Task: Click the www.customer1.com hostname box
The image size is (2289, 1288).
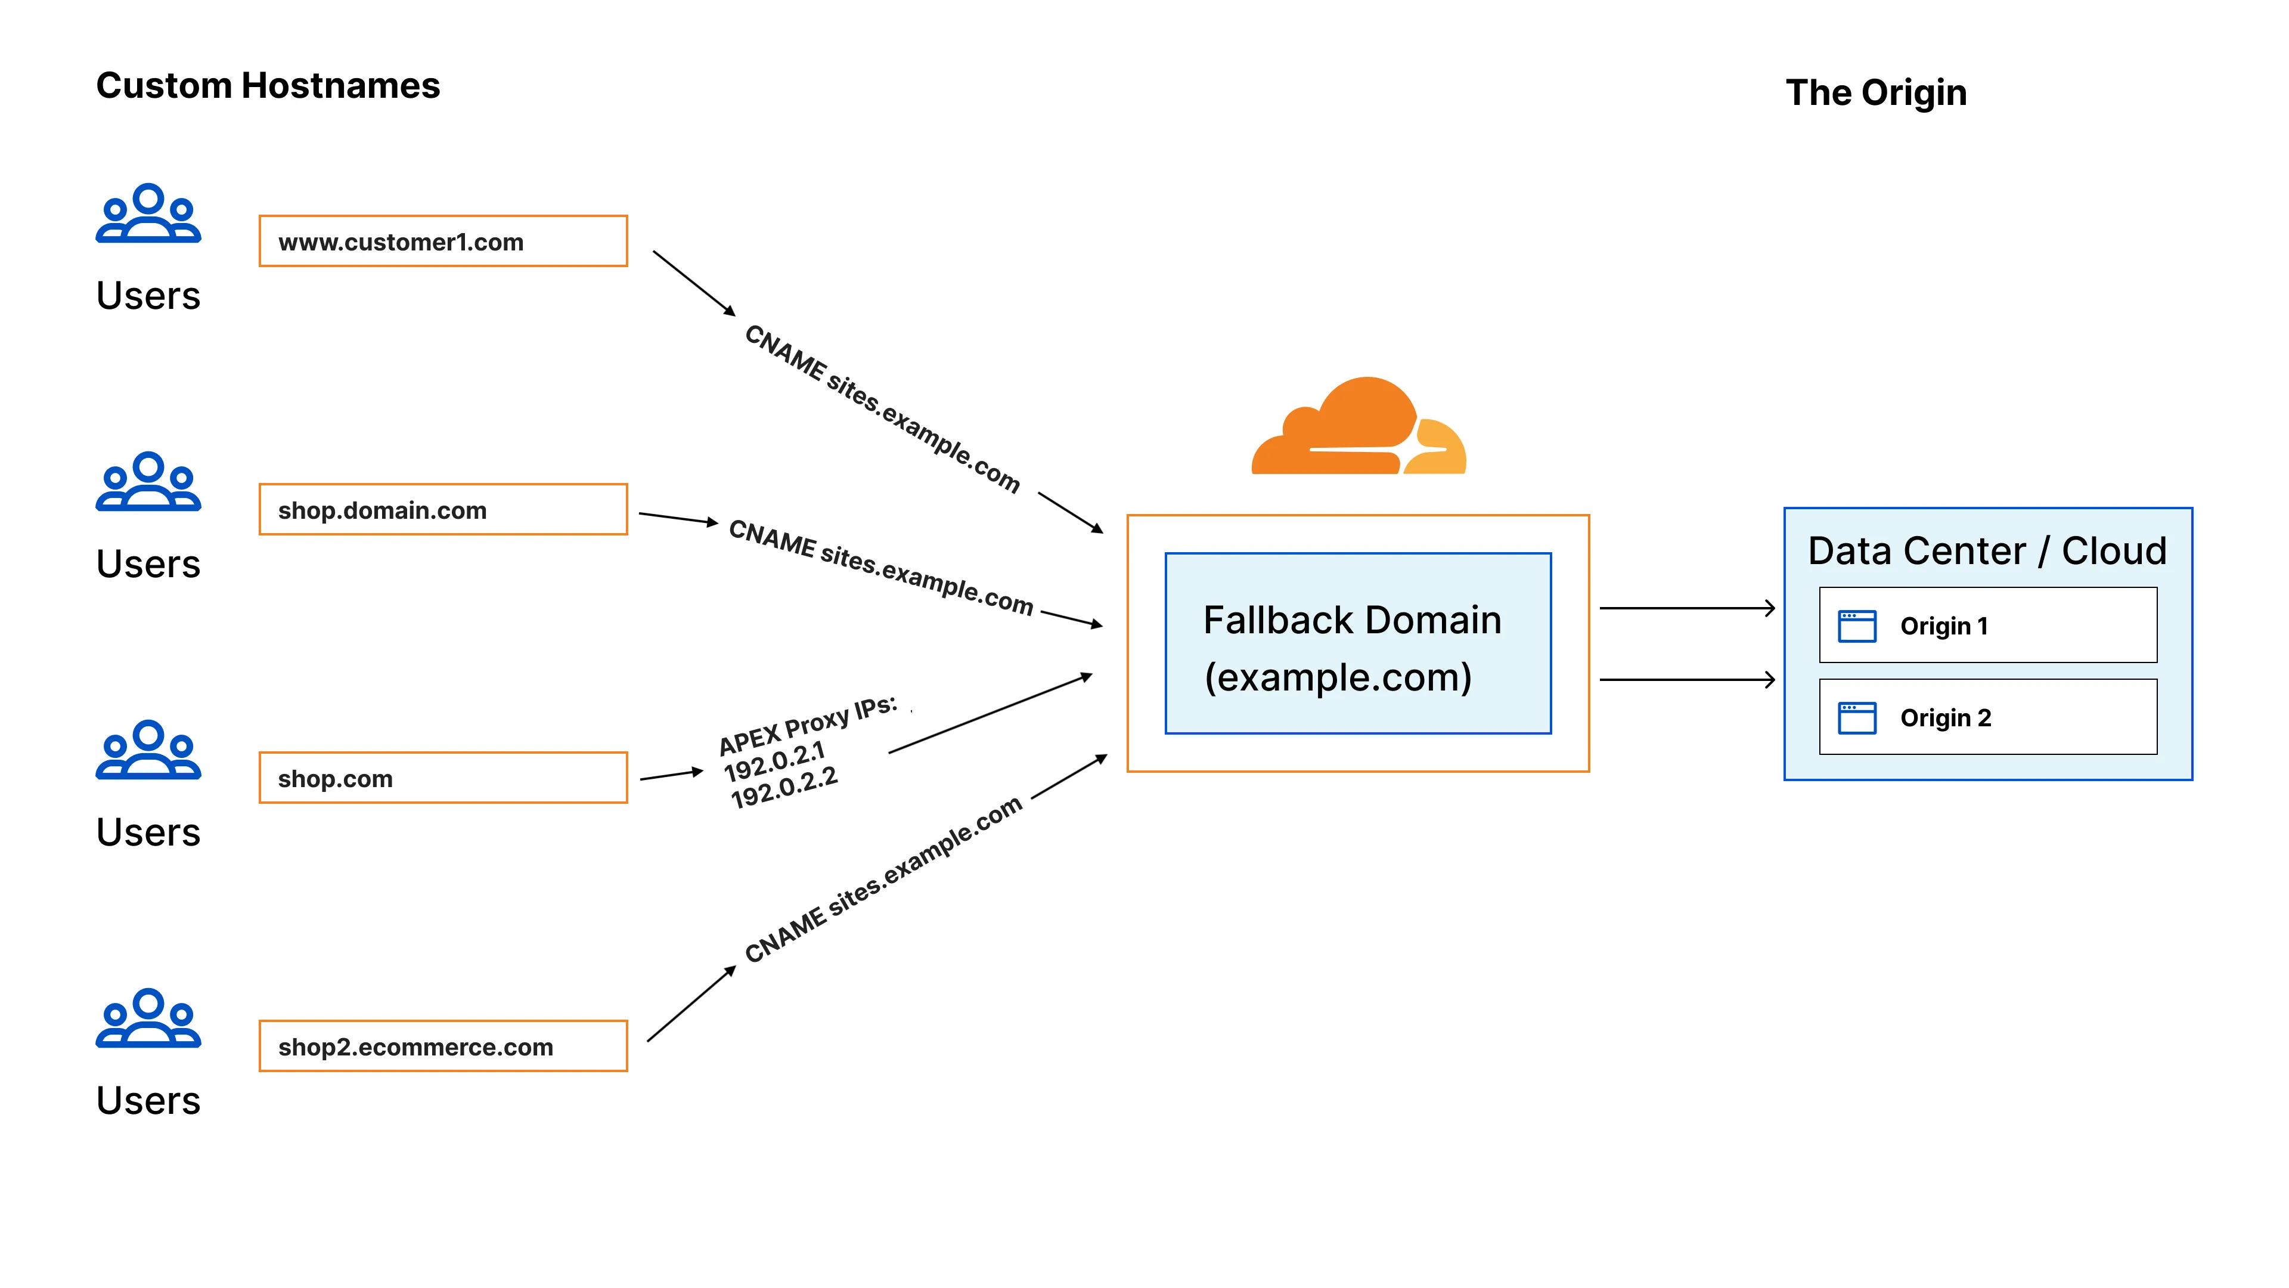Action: click(x=442, y=241)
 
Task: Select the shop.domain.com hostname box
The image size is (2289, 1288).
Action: click(x=442, y=509)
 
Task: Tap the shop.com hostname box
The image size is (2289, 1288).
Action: click(x=442, y=778)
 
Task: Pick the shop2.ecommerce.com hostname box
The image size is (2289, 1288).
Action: click(x=442, y=1046)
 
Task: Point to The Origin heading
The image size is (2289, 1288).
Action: click(x=1876, y=92)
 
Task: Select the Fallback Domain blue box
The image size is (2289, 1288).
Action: click(x=1358, y=643)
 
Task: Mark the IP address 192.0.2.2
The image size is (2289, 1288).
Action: click(x=784, y=788)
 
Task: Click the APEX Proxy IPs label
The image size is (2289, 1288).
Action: click(x=807, y=725)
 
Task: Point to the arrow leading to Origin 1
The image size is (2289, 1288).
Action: click(x=1686, y=608)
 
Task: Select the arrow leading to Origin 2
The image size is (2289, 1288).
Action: click(x=1686, y=680)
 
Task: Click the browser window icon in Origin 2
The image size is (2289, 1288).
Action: click(x=1856, y=717)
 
